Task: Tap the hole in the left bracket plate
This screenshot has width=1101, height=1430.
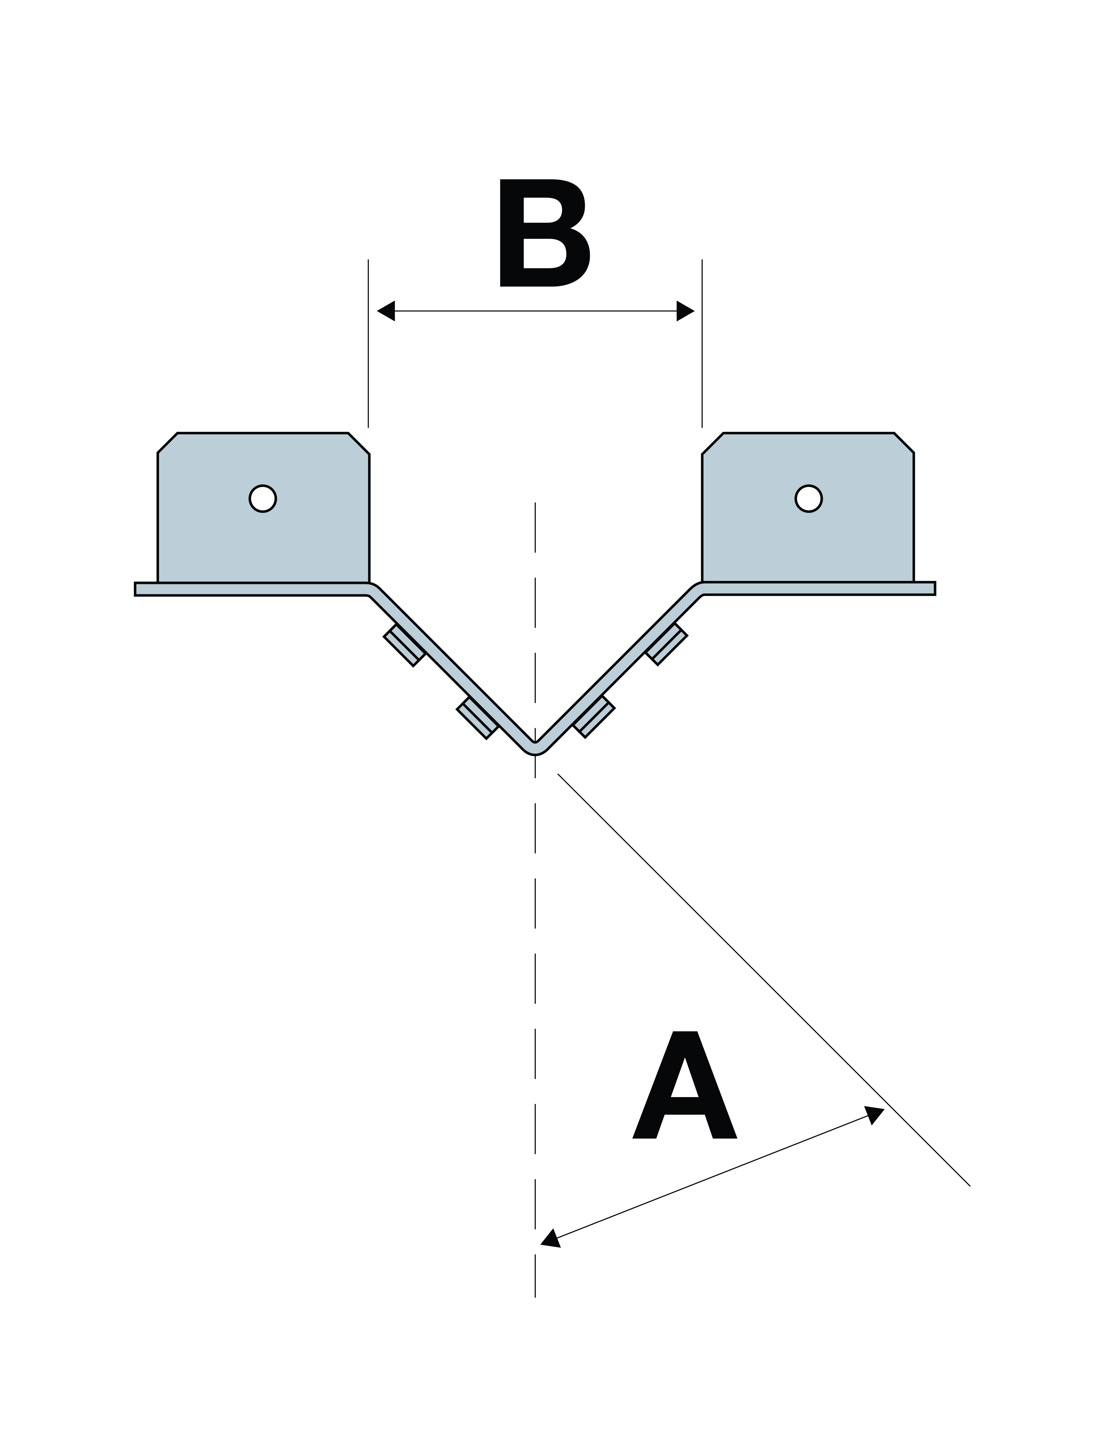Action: click(263, 499)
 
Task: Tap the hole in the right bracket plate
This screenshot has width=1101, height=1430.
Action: click(808, 499)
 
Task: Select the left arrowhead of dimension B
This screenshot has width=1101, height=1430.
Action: click(386, 311)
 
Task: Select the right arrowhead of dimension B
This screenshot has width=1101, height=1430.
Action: click(685, 311)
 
